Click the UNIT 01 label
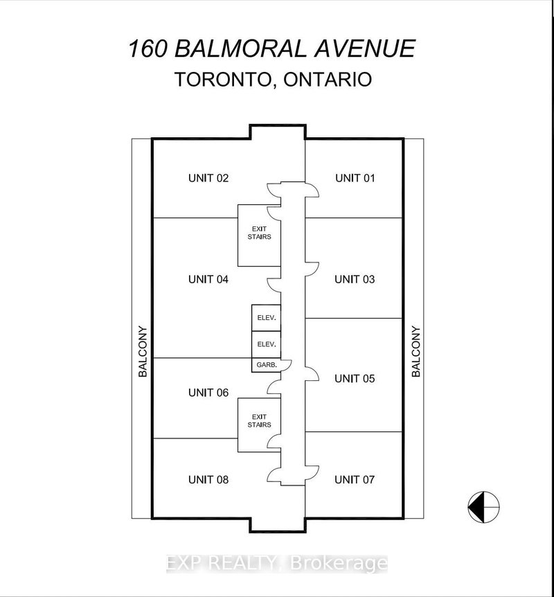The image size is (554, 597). [355, 178]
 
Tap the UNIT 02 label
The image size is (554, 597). [208, 178]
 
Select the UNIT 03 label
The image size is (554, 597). [355, 279]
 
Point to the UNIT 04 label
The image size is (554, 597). [208, 279]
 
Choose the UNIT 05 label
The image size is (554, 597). [355, 378]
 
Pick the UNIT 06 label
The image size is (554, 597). [208, 392]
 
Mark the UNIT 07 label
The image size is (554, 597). [355, 479]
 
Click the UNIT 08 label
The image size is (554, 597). [208, 479]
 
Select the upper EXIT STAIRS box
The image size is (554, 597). [260, 235]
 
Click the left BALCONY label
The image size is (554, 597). [143, 351]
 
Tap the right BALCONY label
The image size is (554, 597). [416, 351]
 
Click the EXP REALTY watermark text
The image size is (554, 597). [276, 564]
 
